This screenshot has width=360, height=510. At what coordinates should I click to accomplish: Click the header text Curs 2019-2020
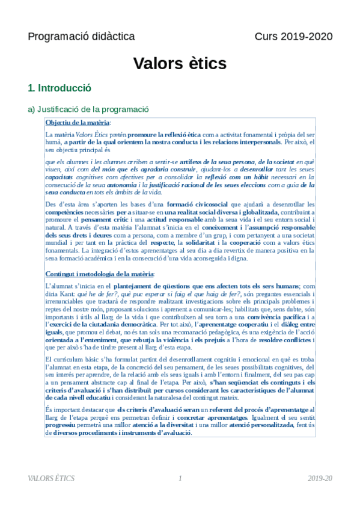[x=293, y=37]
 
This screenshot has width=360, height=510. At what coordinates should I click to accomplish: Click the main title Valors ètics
[x=180, y=63]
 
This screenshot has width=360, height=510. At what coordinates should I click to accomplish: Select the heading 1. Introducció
[x=59, y=88]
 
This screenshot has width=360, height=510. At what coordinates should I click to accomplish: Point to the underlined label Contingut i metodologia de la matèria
[x=100, y=274]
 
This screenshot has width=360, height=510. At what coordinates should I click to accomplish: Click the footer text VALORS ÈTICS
[x=51, y=478]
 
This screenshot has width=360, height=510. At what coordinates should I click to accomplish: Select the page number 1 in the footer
[x=180, y=478]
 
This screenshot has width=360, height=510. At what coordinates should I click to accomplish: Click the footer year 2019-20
[x=320, y=478]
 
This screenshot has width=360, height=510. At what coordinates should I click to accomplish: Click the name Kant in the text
[x=67, y=294]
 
